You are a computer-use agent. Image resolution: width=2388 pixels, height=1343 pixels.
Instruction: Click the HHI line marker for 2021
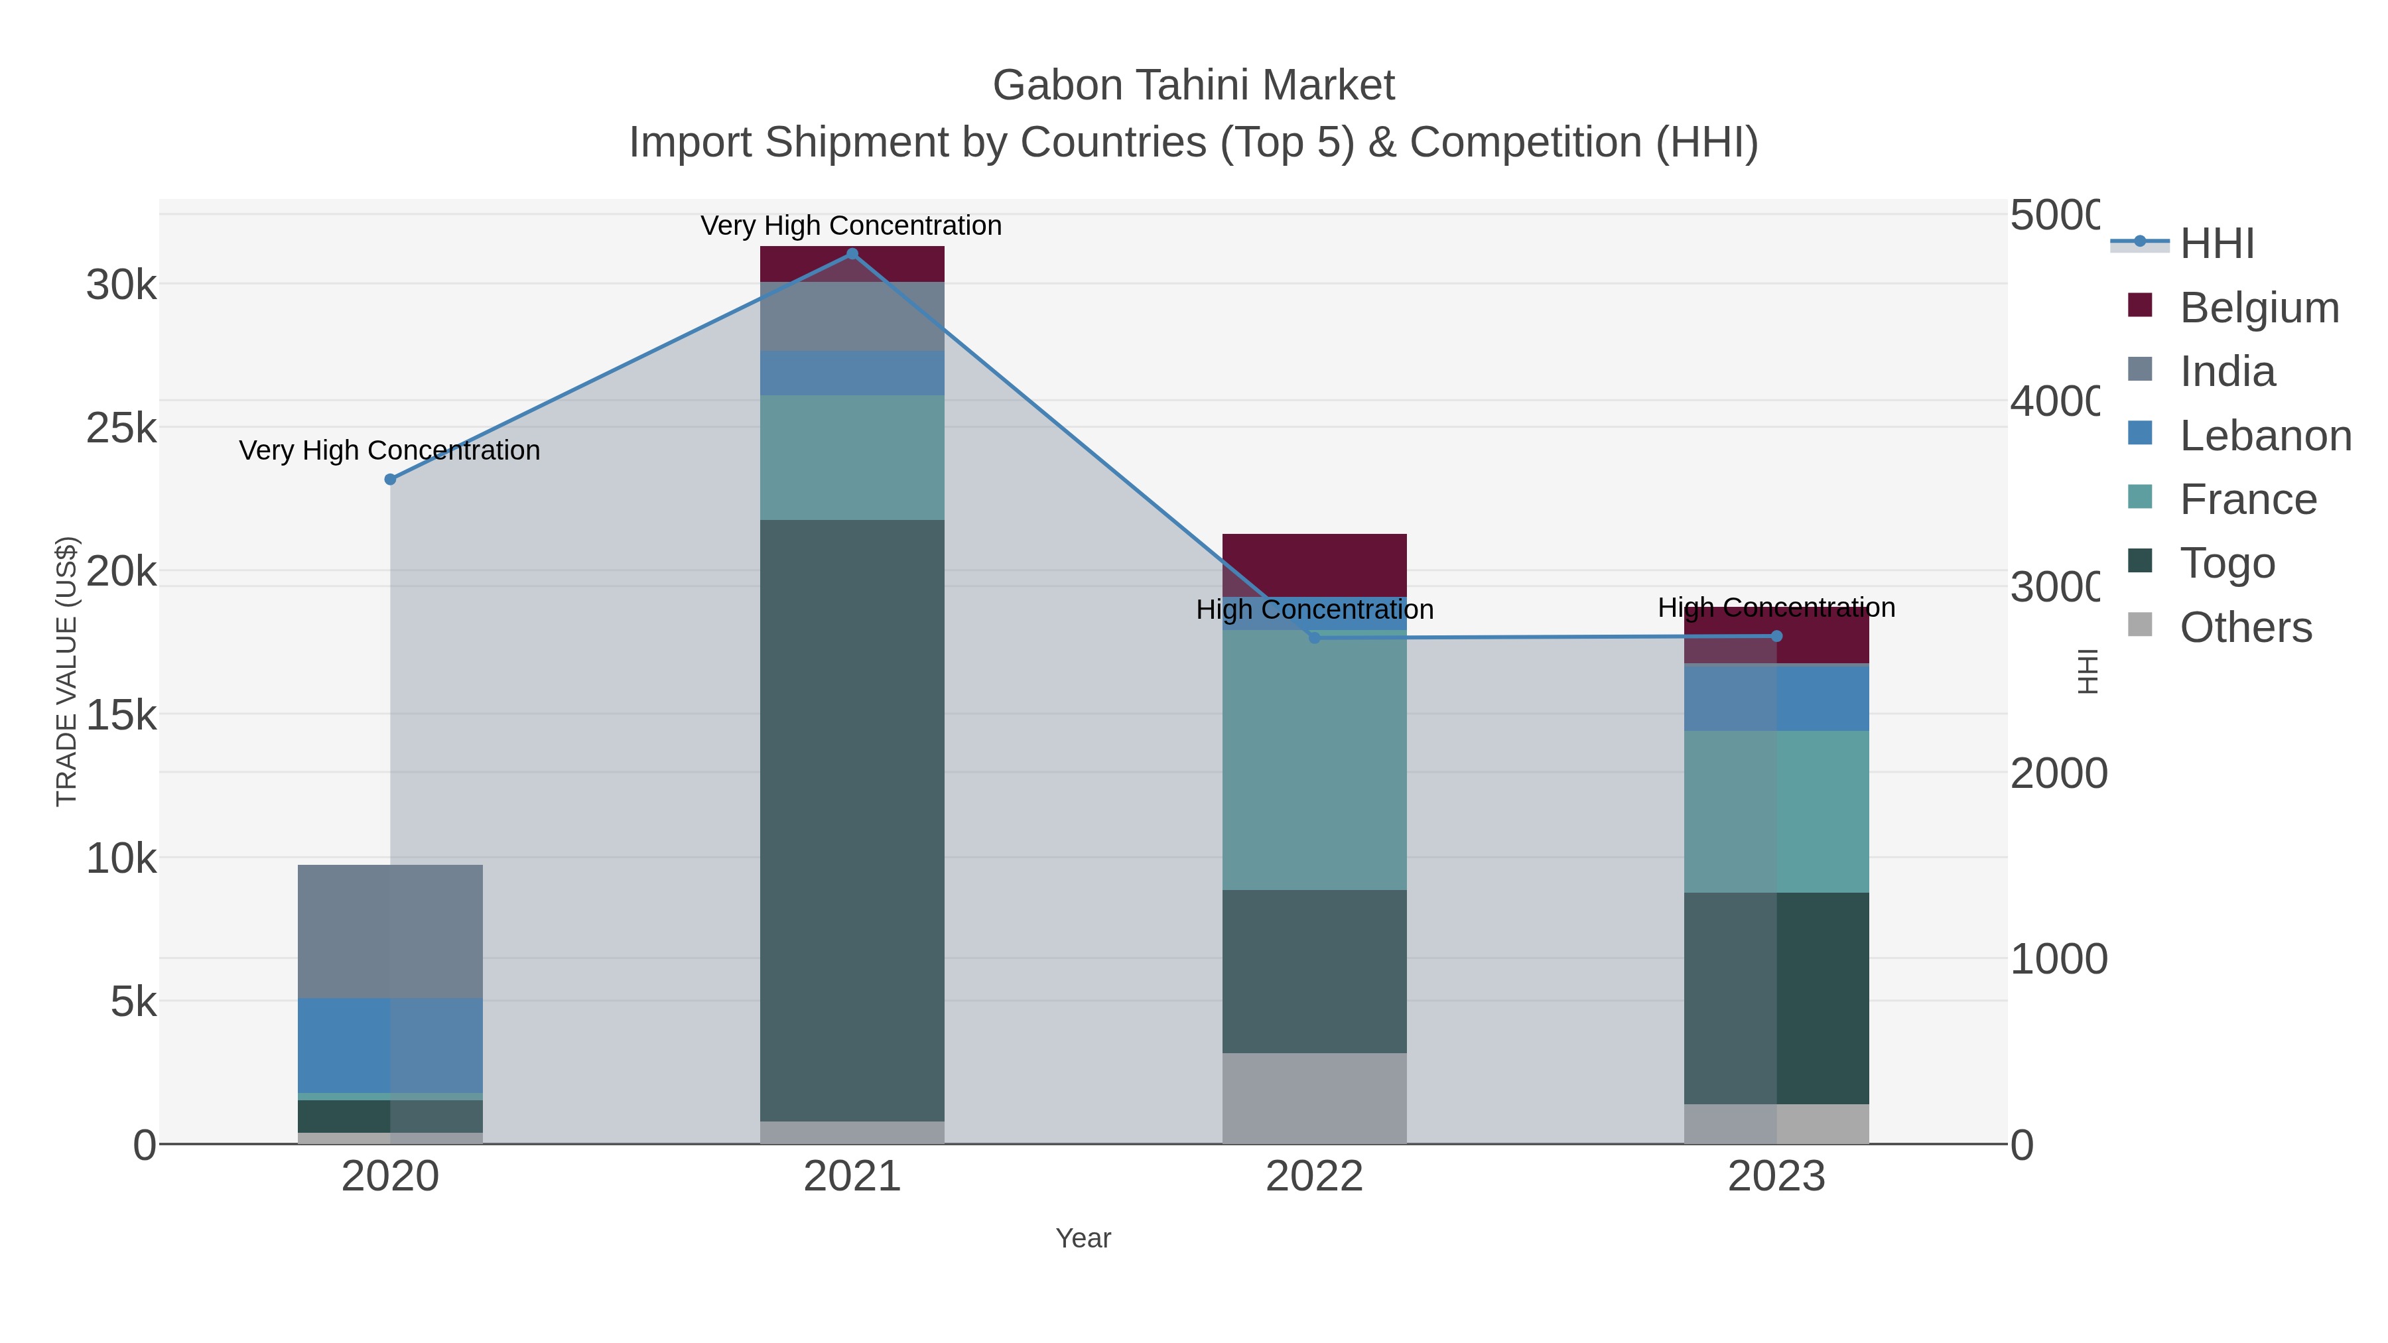point(852,254)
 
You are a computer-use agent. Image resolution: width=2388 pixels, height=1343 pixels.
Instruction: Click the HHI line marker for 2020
point(390,480)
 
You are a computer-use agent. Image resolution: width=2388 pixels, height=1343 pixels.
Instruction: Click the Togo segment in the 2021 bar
point(852,820)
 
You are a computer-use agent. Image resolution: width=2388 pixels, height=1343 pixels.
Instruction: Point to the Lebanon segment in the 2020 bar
point(390,1045)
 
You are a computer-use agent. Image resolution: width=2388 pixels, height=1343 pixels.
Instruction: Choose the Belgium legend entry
point(2258,308)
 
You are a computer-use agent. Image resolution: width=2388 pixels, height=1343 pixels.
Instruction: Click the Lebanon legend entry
point(2265,436)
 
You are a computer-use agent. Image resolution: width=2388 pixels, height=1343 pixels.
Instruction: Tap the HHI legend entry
point(2216,244)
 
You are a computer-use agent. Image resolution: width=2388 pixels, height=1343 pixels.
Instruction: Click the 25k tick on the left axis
point(121,428)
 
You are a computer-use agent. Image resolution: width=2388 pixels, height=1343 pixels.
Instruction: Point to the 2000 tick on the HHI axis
point(2057,773)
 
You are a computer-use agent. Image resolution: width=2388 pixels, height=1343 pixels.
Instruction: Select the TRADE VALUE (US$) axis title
point(67,671)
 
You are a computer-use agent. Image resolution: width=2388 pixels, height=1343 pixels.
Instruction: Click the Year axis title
point(1083,1238)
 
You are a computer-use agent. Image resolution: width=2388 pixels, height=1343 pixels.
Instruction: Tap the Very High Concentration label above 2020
point(389,450)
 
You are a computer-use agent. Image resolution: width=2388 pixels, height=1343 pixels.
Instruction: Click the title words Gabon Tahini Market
point(1193,86)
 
